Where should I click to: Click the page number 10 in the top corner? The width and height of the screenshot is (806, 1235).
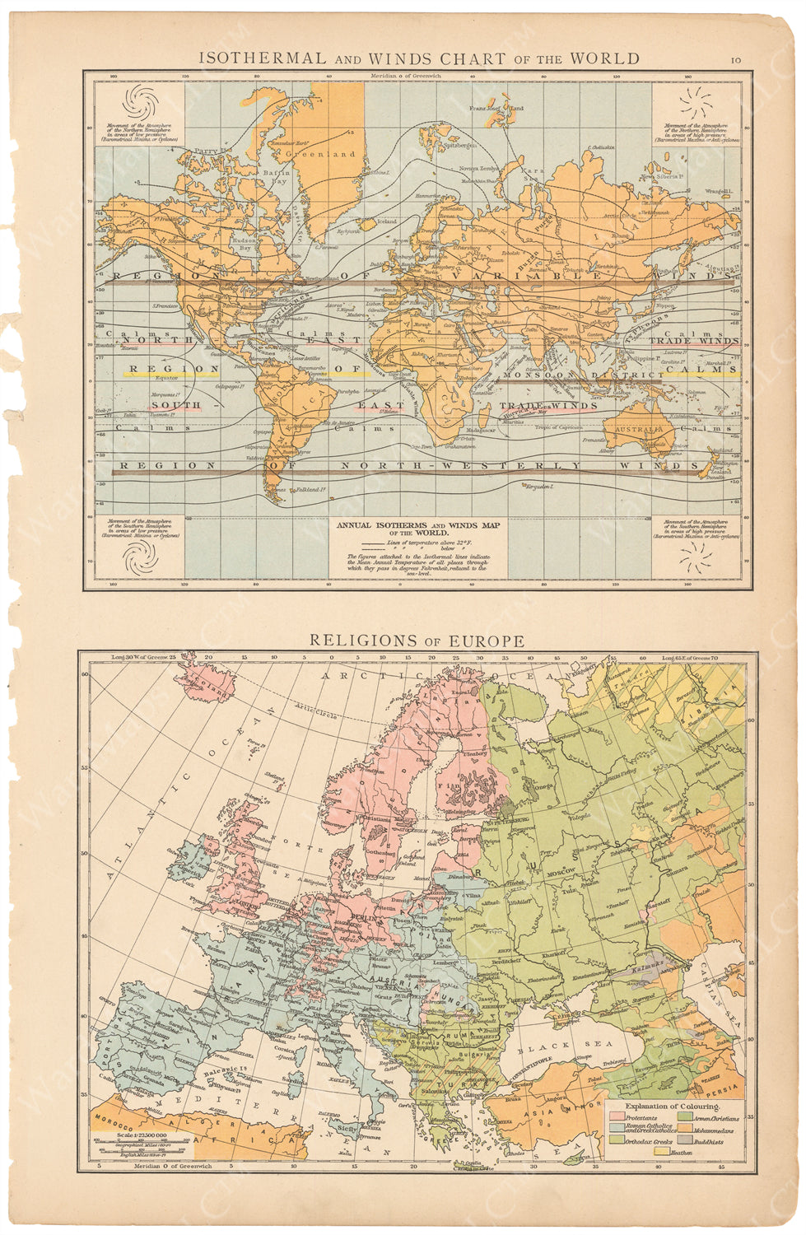pyautogui.click(x=736, y=59)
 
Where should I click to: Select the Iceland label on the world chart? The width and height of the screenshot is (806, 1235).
pyautogui.click(x=386, y=221)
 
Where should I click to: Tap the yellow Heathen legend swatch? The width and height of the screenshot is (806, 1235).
pyautogui.click(x=660, y=1153)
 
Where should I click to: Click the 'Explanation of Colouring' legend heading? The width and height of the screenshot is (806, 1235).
pyautogui.click(x=672, y=1106)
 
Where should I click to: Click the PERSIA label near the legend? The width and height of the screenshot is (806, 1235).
pyautogui.click(x=726, y=1086)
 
